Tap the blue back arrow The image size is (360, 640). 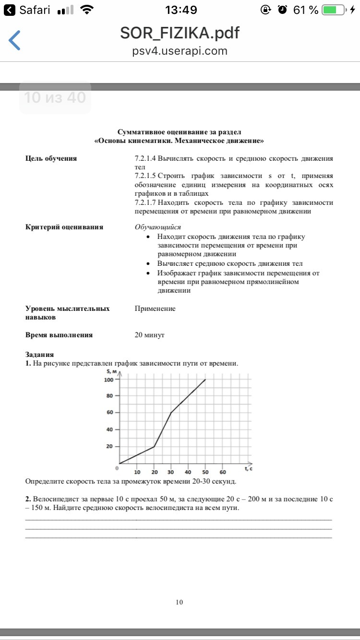tap(15, 40)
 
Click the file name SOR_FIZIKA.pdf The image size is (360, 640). tap(180, 33)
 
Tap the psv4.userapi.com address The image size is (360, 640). tap(180, 51)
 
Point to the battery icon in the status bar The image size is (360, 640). tap(335, 10)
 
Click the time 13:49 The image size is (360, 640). tap(180, 10)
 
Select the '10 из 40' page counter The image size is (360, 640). tap(55, 98)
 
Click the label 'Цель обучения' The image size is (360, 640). tap(51, 159)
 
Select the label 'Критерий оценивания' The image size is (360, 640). tap(64, 227)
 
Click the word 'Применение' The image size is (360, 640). tap(155, 308)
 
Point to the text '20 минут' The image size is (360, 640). tap(149, 335)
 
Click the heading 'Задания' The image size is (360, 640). tap(39, 355)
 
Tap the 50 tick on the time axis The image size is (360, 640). tap(205, 471)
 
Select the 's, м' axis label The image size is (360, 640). tap(111, 371)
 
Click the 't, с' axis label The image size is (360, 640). tap(249, 469)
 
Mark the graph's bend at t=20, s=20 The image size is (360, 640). tap(154, 447)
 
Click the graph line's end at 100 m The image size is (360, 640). tap(205, 379)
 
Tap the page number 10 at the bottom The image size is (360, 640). tap(180, 602)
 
